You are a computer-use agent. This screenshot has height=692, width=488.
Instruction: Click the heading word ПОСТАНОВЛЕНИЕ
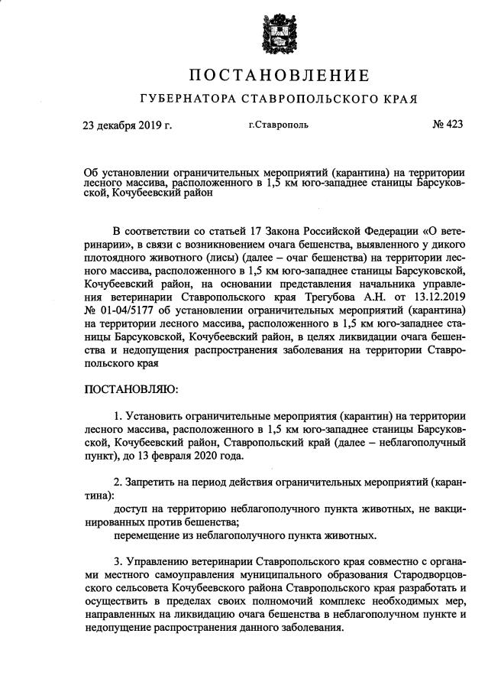(x=279, y=76)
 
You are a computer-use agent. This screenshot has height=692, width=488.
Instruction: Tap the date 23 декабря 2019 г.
(x=128, y=124)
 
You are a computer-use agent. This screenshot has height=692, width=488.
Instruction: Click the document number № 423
(x=448, y=124)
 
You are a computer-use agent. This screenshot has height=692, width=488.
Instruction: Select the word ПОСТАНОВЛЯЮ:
(x=131, y=389)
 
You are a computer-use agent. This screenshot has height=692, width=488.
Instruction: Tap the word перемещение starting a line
(x=148, y=534)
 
